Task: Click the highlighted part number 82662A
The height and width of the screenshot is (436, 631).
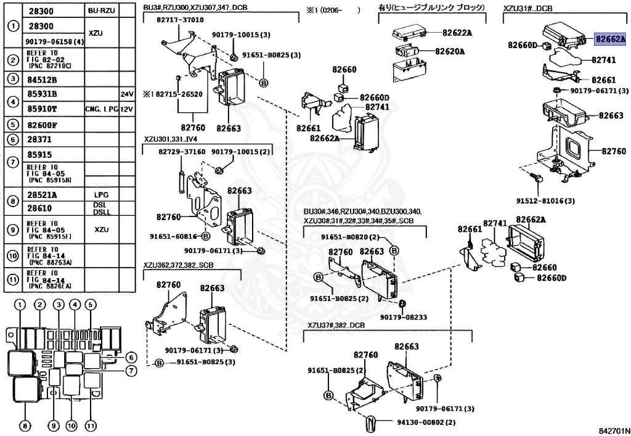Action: pos(611,39)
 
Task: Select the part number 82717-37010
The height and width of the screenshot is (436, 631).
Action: pos(180,20)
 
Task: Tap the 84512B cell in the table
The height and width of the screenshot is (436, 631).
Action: pos(42,80)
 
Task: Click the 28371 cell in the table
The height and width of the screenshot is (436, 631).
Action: pos(39,139)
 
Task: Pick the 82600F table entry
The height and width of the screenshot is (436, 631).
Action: pos(42,125)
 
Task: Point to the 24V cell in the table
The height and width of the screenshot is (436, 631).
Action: pos(127,94)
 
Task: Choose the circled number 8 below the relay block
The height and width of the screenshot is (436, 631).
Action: pos(25,425)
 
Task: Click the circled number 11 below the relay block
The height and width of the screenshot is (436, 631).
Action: pos(90,425)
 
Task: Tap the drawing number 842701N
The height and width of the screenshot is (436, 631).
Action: pos(612,430)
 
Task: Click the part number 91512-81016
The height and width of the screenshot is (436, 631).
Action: pos(545,200)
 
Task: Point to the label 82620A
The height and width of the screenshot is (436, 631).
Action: pos(449,52)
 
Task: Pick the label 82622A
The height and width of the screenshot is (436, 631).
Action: pos(457,33)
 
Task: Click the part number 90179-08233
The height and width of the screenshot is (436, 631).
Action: pos(404,317)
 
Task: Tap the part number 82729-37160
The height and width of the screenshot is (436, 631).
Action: pos(182,152)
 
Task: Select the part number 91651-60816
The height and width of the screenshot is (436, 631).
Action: pos(173,237)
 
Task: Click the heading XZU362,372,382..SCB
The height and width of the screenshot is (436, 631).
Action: pos(178,265)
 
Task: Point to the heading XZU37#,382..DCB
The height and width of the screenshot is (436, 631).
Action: pos(336,325)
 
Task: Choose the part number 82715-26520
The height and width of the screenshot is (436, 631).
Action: pos(179,94)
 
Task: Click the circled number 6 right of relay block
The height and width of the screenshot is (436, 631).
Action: pos(131,357)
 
